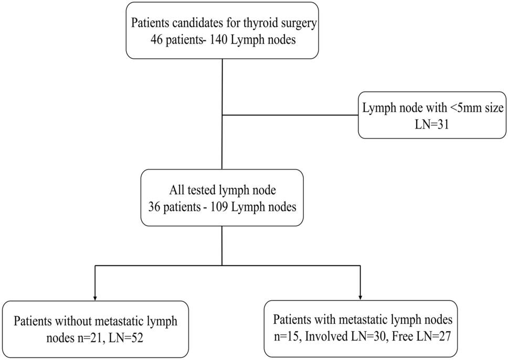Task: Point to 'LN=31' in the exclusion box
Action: [432, 124]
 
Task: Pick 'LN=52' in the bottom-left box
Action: [126, 338]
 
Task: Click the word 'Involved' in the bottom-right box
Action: [326, 337]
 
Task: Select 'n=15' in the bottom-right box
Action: [288, 337]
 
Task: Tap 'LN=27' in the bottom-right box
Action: [433, 337]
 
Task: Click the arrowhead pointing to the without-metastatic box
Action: [95, 298]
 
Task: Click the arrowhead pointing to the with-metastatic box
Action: [360, 298]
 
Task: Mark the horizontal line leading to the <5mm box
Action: [290, 115]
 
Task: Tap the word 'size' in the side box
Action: [493, 108]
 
